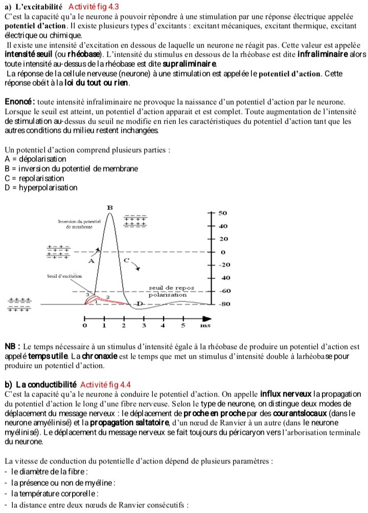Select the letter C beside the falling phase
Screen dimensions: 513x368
click(x=127, y=260)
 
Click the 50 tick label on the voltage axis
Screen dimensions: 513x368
click(x=222, y=212)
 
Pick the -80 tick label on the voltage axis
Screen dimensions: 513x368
click(x=224, y=304)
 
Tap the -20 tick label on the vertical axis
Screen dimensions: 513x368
click(x=224, y=265)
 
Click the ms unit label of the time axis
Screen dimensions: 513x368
click(x=205, y=325)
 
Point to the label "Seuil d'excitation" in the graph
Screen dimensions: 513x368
click(x=64, y=276)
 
